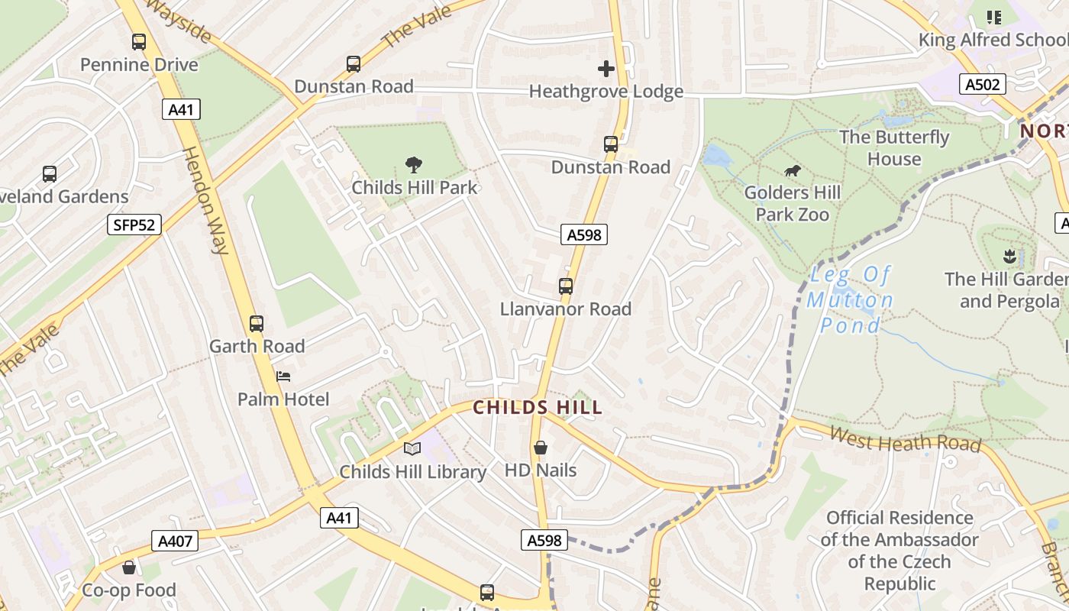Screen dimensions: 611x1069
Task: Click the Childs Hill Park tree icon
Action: pos(414,164)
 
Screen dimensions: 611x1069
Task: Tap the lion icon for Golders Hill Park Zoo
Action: pos(793,171)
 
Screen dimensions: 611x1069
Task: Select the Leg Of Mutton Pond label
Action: pos(850,300)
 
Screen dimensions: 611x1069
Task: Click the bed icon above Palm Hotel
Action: pos(283,376)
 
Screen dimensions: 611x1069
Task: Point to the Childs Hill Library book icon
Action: pos(412,449)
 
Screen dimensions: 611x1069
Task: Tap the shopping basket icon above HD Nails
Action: pos(541,448)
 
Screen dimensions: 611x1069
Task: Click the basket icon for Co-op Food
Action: pos(129,567)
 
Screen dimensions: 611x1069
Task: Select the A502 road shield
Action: pos(983,85)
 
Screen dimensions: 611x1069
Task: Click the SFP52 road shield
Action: pos(134,225)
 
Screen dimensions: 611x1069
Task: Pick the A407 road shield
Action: pos(176,541)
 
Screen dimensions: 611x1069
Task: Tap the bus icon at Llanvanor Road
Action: pos(566,286)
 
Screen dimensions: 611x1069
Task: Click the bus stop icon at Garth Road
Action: pos(257,324)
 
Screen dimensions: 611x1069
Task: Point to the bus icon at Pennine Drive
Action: pos(139,42)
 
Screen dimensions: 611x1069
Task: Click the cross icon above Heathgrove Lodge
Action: pos(606,69)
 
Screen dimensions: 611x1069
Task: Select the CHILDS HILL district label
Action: pos(538,407)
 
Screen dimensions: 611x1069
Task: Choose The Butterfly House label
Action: pos(894,148)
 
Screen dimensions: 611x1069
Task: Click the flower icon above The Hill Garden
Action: pos(1009,256)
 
